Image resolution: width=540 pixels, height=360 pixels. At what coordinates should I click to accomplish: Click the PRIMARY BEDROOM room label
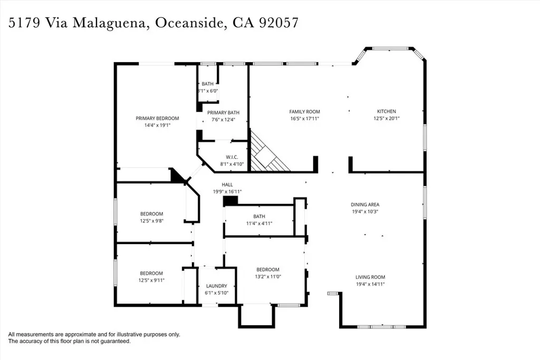[157, 118]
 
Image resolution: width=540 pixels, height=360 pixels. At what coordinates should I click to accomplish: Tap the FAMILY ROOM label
[304, 112]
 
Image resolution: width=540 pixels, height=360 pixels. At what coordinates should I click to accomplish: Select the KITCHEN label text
[386, 111]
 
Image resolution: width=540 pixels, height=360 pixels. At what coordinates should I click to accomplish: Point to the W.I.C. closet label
[232, 157]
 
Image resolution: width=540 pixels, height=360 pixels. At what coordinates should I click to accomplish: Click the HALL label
[227, 184]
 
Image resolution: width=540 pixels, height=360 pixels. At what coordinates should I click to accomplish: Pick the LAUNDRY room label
[216, 286]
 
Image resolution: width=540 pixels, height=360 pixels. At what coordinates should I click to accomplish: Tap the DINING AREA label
[365, 205]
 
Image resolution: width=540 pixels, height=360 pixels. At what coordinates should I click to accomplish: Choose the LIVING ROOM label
[370, 277]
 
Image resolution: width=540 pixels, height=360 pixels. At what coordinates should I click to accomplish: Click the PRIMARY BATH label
[223, 113]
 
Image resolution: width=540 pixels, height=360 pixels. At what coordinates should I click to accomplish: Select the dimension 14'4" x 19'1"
[157, 125]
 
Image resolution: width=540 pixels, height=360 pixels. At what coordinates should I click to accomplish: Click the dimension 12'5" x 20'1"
[386, 119]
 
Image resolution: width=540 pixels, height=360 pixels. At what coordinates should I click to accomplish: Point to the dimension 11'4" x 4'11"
[259, 223]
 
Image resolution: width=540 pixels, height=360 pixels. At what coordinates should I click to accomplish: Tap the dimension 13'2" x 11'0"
[267, 277]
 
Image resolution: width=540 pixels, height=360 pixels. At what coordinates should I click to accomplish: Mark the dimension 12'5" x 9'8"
[151, 221]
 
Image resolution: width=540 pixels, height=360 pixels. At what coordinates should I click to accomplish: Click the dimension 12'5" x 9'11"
[151, 280]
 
